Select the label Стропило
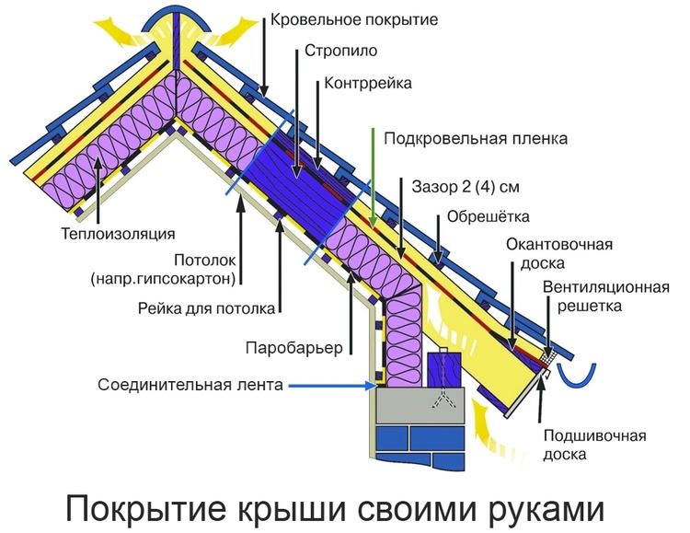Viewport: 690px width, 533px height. point(340,52)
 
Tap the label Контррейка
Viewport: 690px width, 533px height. point(368,84)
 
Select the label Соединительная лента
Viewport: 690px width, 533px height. point(191,385)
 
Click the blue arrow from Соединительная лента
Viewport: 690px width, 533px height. point(327,385)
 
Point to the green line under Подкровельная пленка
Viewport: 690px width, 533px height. point(374,180)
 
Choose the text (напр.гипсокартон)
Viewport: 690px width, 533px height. point(176,276)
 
